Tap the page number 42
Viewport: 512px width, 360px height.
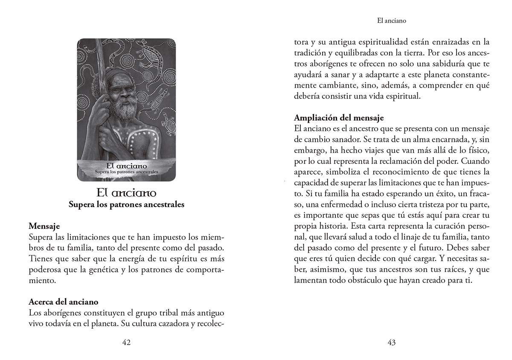[x=126, y=342]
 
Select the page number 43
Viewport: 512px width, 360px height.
[x=392, y=342]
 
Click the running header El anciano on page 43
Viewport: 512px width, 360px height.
[x=392, y=20]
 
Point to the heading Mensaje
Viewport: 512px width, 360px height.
[x=44, y=225]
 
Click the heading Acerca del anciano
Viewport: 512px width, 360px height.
[x=64, y=302]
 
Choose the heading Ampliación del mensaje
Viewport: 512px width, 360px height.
[x=339, y=117]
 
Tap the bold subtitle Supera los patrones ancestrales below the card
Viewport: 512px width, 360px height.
[x=126, y=205]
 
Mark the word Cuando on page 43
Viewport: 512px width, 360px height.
[x=474, y=162]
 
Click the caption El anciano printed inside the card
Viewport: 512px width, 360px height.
[x=126, y=166]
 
